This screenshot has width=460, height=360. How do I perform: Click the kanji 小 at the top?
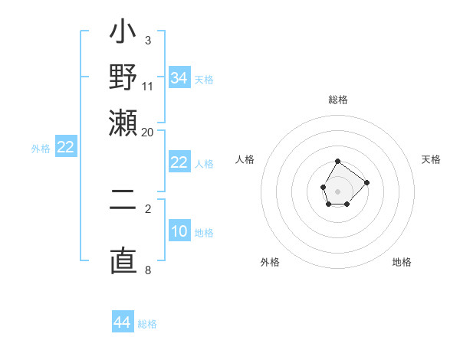123,34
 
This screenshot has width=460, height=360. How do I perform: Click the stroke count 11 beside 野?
148,85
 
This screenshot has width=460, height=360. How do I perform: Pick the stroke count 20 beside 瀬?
148,131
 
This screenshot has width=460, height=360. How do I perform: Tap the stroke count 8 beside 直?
148,270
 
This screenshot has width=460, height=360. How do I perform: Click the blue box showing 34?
179,78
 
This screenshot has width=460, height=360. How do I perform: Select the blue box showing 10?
179,231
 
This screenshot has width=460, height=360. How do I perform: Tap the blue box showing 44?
123,322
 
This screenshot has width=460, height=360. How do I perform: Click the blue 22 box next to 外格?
65,147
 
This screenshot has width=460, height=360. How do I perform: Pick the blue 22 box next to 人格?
179,162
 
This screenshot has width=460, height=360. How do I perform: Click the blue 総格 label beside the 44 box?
147,324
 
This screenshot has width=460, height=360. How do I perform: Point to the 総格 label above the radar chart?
338,100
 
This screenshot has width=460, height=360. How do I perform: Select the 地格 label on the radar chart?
402,262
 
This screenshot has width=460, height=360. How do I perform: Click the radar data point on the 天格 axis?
366,182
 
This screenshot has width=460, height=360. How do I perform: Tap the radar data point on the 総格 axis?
338,161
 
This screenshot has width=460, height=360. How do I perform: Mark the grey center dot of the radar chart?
338,190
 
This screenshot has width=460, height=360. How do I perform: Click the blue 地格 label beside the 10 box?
204,233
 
